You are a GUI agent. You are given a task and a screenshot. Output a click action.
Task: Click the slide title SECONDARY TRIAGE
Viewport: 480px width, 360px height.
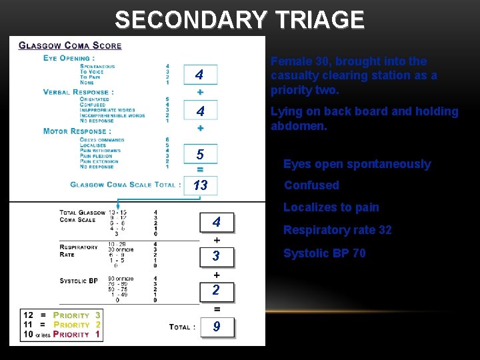pos(239,20)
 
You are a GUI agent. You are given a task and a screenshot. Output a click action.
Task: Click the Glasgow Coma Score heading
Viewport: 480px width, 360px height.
pos(70,46)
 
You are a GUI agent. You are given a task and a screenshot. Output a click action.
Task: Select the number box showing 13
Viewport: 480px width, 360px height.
pos(200,185)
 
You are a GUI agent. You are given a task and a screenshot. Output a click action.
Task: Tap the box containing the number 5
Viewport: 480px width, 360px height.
pos(200,155)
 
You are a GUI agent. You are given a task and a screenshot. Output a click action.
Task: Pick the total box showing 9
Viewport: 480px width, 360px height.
pos(216,327)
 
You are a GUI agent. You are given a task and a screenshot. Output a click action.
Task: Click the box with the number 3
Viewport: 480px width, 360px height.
pos(216,256)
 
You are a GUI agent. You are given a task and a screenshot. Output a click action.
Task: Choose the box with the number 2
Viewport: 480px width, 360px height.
pos(216,290)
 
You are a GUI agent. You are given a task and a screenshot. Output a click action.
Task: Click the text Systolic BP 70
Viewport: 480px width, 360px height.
pos(324,253)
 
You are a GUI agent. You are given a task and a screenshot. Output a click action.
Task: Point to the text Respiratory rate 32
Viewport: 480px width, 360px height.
pos(337,230)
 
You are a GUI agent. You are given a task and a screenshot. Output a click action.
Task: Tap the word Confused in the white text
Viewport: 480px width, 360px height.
pos(311,185)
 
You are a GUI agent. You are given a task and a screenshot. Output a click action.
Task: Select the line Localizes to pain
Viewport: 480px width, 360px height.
pos(331,207)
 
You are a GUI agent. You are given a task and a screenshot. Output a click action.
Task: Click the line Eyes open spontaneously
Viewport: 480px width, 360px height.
pos(357,164)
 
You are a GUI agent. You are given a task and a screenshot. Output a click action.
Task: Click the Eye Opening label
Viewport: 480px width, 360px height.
pos(69,58)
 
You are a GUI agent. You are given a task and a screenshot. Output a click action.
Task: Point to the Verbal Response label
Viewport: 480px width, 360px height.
pos(78,92)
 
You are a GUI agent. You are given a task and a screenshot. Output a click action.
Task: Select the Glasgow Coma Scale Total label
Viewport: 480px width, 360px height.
pos(125,185)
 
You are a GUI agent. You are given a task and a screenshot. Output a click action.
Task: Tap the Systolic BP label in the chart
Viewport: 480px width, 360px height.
pos(79,281)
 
